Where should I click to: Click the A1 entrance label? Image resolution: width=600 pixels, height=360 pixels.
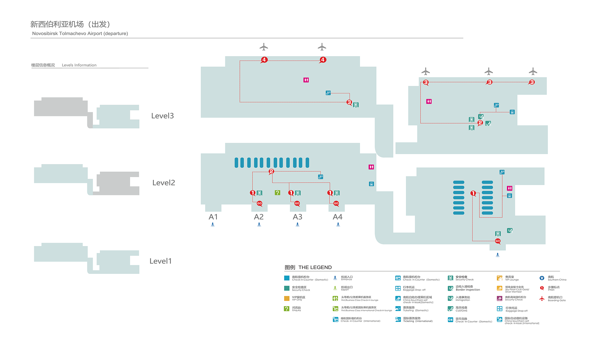click(213, 217)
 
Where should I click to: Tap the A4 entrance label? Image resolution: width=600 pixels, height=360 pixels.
click(337, 217)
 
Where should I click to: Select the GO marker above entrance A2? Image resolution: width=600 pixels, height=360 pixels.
click(259, 203)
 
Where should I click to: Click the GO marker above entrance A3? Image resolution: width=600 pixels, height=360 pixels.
click(297, 203)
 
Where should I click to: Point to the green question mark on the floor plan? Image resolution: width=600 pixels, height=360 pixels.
click(277, 193)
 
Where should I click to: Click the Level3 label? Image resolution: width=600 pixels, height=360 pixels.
click(162, 116)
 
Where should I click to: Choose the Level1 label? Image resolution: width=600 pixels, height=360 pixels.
click(160, 261)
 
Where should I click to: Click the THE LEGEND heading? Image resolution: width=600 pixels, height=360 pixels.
click(315, 267)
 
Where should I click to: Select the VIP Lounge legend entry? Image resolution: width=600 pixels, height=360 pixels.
click(511, 278)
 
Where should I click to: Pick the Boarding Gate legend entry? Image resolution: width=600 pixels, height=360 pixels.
click(556, 299)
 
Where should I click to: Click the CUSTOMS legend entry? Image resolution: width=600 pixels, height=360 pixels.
click(461, 309)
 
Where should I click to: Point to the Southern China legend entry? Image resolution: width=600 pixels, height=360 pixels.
click(557, 278)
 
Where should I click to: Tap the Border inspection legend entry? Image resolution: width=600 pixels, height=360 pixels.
click(467, 288)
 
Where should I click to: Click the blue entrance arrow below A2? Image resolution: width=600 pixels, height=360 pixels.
click(259, 224)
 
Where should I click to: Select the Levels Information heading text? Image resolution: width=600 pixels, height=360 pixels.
click(79, 65)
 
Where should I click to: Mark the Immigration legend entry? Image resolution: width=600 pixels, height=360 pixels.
click(463, 299)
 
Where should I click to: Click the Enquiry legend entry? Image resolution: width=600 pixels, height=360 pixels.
click(296, 309)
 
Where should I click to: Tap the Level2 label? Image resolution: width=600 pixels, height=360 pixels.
click(163, 183)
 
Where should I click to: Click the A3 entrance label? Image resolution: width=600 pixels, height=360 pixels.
click(297, 217)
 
